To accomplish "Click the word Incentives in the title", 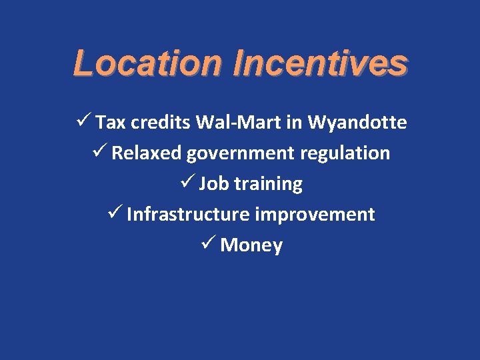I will (320, 63).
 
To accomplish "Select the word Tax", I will (110, 123).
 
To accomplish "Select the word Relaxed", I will (147, 153).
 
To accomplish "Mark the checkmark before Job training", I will (186, 183).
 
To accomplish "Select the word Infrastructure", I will (188, 215).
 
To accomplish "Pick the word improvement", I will (315, 215).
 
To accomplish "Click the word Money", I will (251, 246).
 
